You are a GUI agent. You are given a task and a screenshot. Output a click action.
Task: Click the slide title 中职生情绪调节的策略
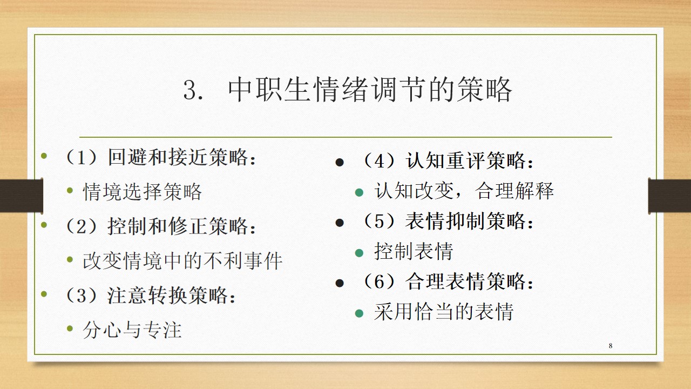pos(370,90)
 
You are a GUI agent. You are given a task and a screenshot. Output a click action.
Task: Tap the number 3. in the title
pos(193,90)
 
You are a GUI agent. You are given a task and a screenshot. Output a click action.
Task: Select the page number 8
pos(611,346)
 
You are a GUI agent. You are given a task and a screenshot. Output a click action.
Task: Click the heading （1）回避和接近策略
pos(160,157)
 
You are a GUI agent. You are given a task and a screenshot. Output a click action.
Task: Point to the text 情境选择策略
pos(142,191)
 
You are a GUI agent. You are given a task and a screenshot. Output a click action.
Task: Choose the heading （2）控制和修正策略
pos(160,226)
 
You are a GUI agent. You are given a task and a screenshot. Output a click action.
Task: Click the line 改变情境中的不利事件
pos(182,261)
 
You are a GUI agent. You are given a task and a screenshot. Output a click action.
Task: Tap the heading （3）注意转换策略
pos(150,295)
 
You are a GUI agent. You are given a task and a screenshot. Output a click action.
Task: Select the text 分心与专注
pos(132,330)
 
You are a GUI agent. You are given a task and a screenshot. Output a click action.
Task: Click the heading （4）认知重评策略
pos(448,160)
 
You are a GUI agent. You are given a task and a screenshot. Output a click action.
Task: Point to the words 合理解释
pos(514,191)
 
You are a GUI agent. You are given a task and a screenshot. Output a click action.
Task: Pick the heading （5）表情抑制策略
pos(448,221)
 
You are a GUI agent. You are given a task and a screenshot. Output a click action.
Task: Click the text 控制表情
pos(414,251)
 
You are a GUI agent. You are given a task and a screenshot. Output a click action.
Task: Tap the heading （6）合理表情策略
pos(448,281)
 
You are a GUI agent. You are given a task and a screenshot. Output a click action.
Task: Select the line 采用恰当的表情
pos(444,311)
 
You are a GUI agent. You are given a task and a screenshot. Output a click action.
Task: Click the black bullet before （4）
pos(340,163)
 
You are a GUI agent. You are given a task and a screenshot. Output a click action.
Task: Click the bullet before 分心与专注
pos(70,328)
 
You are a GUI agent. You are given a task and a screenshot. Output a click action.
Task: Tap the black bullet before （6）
pos(340,283)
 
